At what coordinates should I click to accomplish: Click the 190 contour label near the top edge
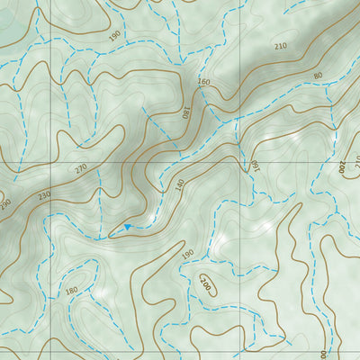pos(114,35)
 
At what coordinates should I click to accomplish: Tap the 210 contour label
pos(280,46)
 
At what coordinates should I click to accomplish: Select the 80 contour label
pos(318,76)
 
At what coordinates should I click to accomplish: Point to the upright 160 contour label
pos(203,83)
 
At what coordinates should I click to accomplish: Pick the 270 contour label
pos(82,168)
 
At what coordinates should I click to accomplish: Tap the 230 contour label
pos(44,193)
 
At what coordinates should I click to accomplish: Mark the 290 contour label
pos(4,205)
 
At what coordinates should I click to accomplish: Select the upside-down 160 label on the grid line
pos(254,166)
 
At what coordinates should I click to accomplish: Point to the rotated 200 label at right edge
pos(343,166)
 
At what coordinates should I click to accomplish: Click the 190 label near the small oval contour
pos(187,255)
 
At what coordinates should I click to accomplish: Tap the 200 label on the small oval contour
pos(206,286)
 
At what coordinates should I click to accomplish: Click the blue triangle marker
pos(128,227)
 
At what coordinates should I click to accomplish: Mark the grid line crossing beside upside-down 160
pos(239,162)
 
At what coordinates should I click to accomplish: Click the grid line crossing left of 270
pos(50,162)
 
